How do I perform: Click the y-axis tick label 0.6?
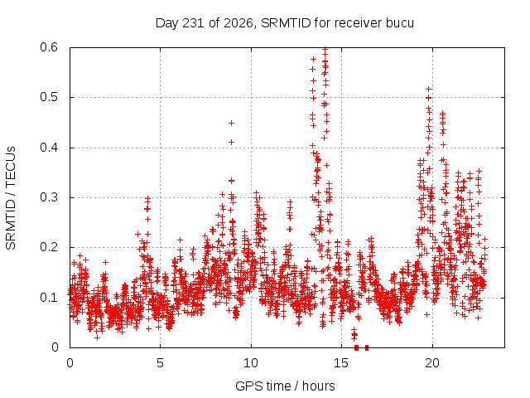click(x=49, y=47)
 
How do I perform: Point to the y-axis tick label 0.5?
click(x=49, y=98)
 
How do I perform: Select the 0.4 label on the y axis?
click(x=49, y=148)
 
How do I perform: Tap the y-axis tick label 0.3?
click(x=49, y=197)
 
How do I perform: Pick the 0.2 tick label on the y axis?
click(x=49, y=247)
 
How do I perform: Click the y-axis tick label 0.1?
click(x=49, y=298)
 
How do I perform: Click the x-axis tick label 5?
click(x=160, y=363)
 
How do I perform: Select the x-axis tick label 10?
click(x=251, y=363)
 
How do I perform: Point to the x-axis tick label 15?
click(x=341, y=363)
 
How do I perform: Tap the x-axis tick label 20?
click(x=432, y=363)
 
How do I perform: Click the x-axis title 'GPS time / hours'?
click(x=285, y=386)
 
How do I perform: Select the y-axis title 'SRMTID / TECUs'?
click(x=11, y=198)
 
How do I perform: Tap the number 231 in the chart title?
click(x=193, y=23)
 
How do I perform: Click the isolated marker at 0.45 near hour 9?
click(x=232, y=124)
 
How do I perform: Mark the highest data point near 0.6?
click(x=325, y=50)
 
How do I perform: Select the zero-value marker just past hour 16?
click(x=367, y=347)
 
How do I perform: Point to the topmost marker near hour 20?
click(x=429, y=90)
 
